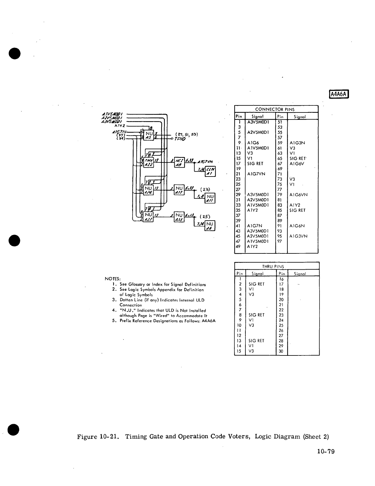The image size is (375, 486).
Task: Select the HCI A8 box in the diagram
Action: (179, 163)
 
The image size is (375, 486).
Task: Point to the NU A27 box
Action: (149, 217)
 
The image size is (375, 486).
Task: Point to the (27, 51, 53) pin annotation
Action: (187, 134)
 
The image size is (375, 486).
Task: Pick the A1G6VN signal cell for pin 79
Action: (298, 195)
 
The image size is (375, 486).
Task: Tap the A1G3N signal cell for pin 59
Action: (297, 143)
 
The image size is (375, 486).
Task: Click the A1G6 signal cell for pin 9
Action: (253, 143)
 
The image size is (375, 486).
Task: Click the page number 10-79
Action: (326, 451)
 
